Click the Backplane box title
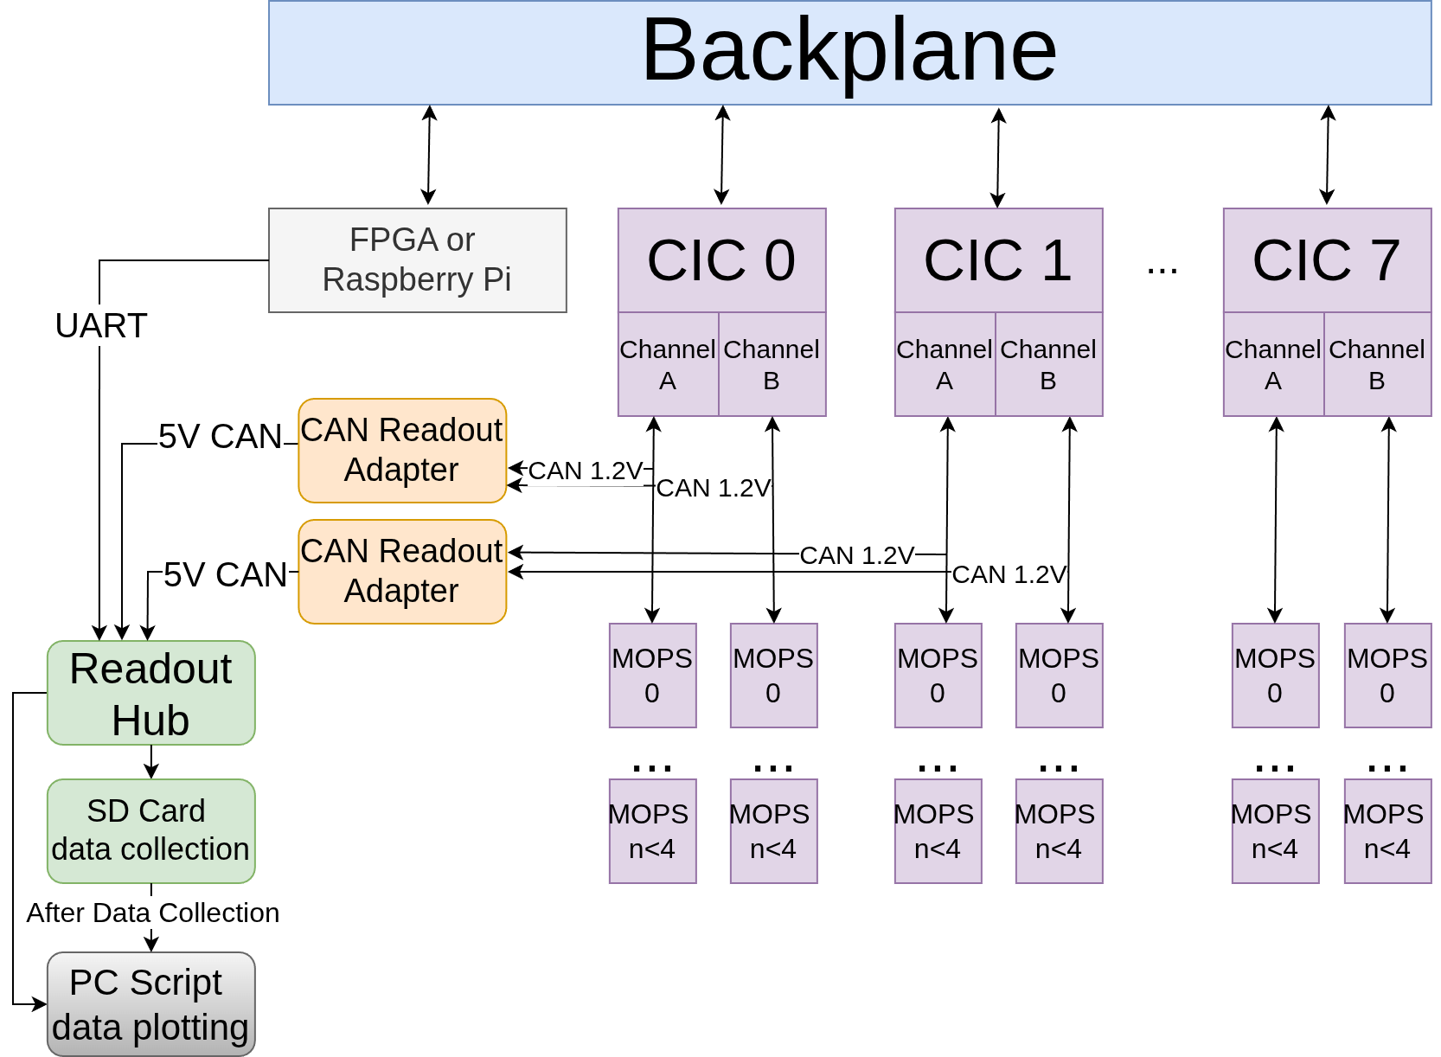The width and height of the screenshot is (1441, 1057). click(849, 52)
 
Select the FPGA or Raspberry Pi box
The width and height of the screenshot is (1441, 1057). click(418, 259)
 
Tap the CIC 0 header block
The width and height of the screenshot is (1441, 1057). click(721, 259)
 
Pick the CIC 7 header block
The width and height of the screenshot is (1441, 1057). click(1327, 259)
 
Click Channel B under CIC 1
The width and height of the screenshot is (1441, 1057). click(1048, 364)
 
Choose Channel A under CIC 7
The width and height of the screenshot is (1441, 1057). click(1273, 364)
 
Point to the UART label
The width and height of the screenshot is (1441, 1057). click(101, 325)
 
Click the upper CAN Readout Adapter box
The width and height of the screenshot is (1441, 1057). click(402, 451)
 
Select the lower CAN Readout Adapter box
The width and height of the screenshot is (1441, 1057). click(402, 571)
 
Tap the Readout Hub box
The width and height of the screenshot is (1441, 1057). click(151, 693)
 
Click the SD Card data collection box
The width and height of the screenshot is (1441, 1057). click(151, 831)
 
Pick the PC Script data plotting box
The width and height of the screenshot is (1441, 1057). click(151, 1004)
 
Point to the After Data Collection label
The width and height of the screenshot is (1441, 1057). click(153, 913)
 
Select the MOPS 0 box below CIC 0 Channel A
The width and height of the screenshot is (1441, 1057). click(653, 676)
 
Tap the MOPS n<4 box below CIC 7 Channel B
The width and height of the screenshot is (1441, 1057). click(1387, 831)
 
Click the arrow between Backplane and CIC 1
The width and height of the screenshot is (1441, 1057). click(998, 157)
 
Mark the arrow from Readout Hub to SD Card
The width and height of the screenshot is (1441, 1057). click(151, 762)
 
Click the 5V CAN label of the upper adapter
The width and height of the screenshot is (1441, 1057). click(220, 437)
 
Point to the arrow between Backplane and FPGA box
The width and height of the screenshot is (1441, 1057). click(429, 155)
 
